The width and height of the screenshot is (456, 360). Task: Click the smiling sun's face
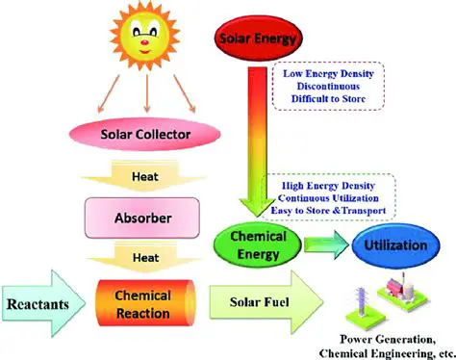(x=144, y=40)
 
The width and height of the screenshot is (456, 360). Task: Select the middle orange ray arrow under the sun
(x=144, y=91)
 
